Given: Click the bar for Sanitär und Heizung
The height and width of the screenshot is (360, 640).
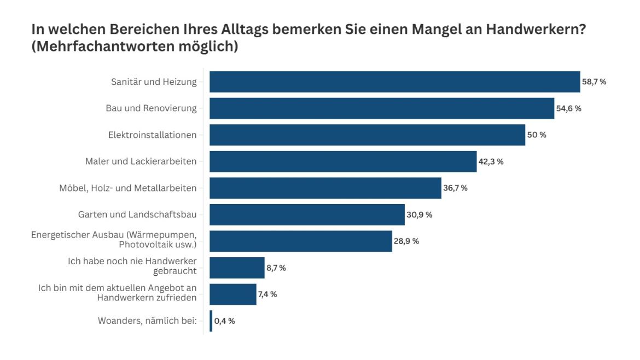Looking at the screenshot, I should coord(394,82).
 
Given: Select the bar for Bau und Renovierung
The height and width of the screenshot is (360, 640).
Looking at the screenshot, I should coord(382,108).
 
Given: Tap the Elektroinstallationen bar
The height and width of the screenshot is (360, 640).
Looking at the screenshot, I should coord(366,135).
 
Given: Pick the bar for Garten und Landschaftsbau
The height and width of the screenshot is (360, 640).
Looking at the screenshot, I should coord(306,214).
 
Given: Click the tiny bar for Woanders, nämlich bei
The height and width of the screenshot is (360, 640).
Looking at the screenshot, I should coord(211,321).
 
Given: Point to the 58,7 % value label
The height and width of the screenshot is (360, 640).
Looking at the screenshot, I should coord(594,82).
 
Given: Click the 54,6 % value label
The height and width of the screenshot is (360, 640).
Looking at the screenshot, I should coord(568,108).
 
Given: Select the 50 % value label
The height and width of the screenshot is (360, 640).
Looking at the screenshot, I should coord(537,135).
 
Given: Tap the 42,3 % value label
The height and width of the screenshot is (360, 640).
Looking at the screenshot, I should coord(491,161).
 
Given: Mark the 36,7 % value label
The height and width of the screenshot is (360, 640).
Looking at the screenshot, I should coord(455,188).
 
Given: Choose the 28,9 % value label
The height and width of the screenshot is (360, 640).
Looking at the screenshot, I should coord(406,241).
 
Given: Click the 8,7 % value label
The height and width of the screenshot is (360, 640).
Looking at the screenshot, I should coord(276,268).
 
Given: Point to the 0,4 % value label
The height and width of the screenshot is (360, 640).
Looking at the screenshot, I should coord(225,321).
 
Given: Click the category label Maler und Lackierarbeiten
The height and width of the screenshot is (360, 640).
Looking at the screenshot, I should coord(141,161).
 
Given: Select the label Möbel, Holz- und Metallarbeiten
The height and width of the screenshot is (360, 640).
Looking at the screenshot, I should coord(127,188).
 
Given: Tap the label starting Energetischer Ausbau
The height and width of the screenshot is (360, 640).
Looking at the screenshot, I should coord(113,240).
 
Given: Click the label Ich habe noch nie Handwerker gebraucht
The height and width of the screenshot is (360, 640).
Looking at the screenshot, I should coord(132,266).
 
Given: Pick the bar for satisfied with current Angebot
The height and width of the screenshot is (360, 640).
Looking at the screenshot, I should coord(232,294).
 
